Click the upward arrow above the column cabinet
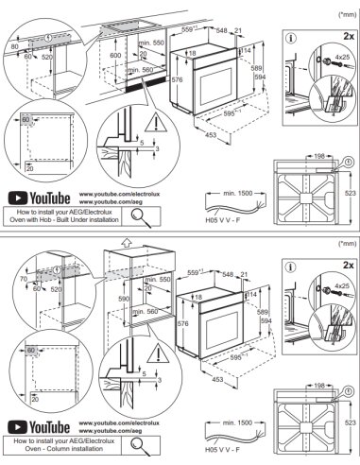coord(126,243)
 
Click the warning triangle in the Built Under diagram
coord(154,117)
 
